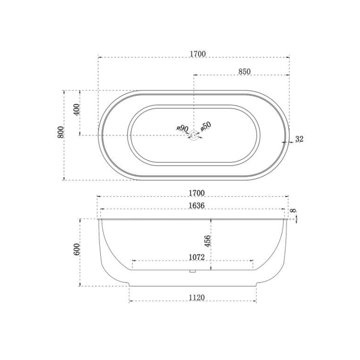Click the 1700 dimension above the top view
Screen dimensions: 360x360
click(198, 54)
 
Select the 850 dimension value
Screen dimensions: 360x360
click(244, 72)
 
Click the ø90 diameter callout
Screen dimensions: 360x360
click(183, 128)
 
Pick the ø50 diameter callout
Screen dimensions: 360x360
click(206, 126)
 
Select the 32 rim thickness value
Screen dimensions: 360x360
click(299, 139)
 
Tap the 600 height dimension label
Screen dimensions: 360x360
click(77, 249)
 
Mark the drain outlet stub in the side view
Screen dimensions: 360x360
click(192, 271)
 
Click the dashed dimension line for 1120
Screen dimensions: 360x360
click(163, 302)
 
